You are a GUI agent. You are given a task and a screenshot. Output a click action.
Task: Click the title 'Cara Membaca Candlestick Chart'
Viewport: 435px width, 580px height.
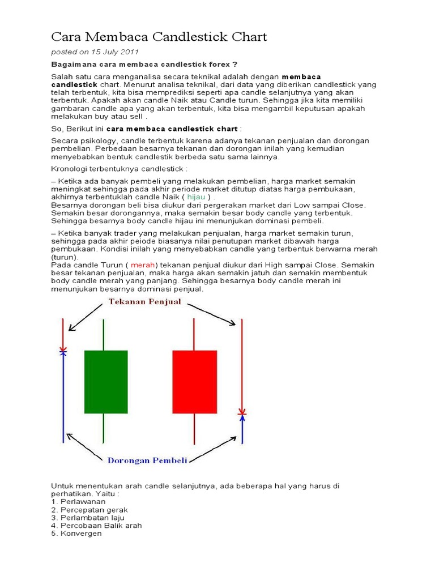[x=159, y=37]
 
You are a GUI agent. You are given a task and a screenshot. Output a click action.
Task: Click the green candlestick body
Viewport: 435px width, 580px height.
[x=106, y=382]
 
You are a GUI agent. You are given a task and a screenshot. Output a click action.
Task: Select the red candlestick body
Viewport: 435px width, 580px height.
[x=194, y=382]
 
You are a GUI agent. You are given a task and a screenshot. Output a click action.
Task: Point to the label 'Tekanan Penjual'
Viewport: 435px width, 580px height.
[x=144, y=302]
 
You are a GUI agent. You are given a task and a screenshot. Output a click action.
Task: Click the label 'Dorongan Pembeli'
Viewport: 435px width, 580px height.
[x=147, y=460]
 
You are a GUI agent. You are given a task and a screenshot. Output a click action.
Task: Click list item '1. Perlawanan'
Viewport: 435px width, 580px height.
[x=78, y=501]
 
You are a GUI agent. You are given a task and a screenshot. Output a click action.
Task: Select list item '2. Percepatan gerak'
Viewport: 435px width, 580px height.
[x=89, y=509]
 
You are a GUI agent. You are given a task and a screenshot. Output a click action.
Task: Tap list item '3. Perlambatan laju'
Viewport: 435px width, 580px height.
[x=88, y=517]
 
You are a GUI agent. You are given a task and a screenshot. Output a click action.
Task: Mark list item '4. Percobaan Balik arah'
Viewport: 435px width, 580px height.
[x=96, y=525]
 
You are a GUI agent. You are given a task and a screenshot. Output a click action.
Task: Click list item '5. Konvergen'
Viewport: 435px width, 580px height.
[x=76, y=533]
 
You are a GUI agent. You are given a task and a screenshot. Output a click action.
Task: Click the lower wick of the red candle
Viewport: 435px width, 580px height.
[x=194, y=428]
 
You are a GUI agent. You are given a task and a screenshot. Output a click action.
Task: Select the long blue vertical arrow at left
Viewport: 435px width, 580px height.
[x=63, y=396]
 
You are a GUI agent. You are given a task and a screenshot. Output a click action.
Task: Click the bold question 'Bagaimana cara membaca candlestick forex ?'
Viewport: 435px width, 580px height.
[x=144, y=64]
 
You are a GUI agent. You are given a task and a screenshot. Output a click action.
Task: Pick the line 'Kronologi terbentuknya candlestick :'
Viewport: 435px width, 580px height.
[x=119, y=169]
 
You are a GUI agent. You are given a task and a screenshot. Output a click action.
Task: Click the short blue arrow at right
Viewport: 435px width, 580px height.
[x=242, y=429]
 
